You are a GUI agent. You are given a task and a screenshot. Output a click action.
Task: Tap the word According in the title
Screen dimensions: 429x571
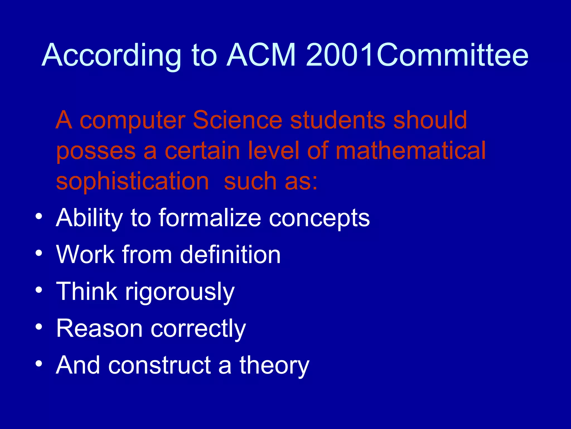point(112,56)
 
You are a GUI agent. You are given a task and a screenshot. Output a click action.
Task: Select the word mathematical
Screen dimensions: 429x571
point(410,151)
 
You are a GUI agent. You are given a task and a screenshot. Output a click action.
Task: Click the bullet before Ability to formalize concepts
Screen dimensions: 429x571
point(39,216)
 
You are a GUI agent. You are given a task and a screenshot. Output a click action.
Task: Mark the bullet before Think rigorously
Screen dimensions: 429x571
point(39,290)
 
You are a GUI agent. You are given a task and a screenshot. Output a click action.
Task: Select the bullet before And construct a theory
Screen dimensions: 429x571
point(39,363)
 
